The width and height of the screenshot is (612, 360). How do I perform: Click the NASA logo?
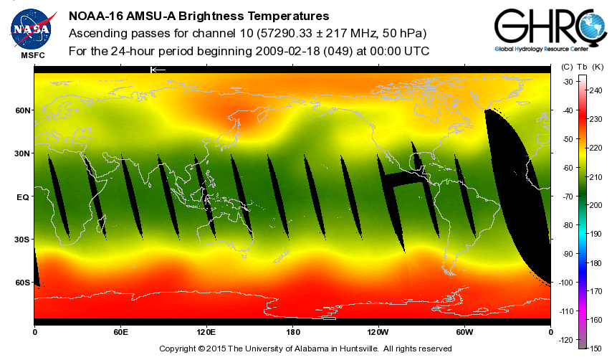pos(31,28)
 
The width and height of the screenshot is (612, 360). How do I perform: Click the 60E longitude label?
pos(120,331)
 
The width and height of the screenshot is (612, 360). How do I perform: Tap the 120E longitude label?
pos(206,331)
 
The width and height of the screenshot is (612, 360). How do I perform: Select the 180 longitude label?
pos(292,331)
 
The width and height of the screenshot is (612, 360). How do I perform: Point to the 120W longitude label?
pos(378,331)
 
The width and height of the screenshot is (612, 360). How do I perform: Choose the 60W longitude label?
pos(464,331)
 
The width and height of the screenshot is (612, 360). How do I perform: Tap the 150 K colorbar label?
pos(596,348)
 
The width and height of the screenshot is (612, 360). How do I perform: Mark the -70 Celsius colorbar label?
pos(567,196)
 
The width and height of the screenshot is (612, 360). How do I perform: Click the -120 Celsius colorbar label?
pos(566,339)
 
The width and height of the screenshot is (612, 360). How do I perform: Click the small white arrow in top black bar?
pos(158,70)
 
